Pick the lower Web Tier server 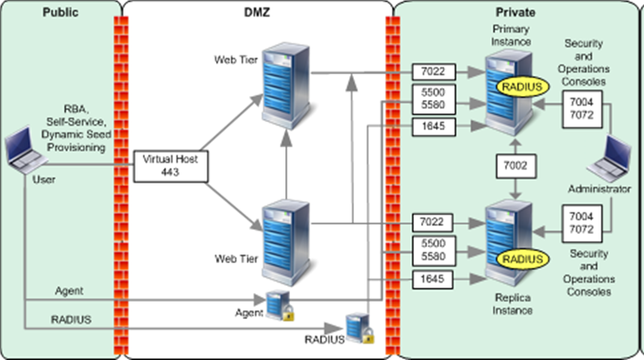285,234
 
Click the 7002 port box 514,166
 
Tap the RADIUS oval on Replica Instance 520,259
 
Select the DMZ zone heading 257,13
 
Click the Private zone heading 516,13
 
